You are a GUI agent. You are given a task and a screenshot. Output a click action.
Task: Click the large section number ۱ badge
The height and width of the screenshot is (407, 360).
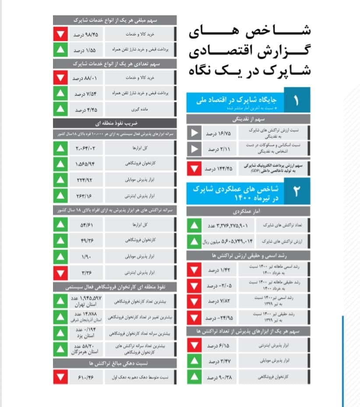click(296, 101)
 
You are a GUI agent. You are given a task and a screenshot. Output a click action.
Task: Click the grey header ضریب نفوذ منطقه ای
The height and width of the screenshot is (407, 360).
click(115, 123)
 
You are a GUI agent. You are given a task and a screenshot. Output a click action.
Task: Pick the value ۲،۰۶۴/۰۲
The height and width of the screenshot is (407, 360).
click(85, 149)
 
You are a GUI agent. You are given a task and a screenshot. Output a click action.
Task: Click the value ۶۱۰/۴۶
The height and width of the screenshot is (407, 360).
click(85, 376)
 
